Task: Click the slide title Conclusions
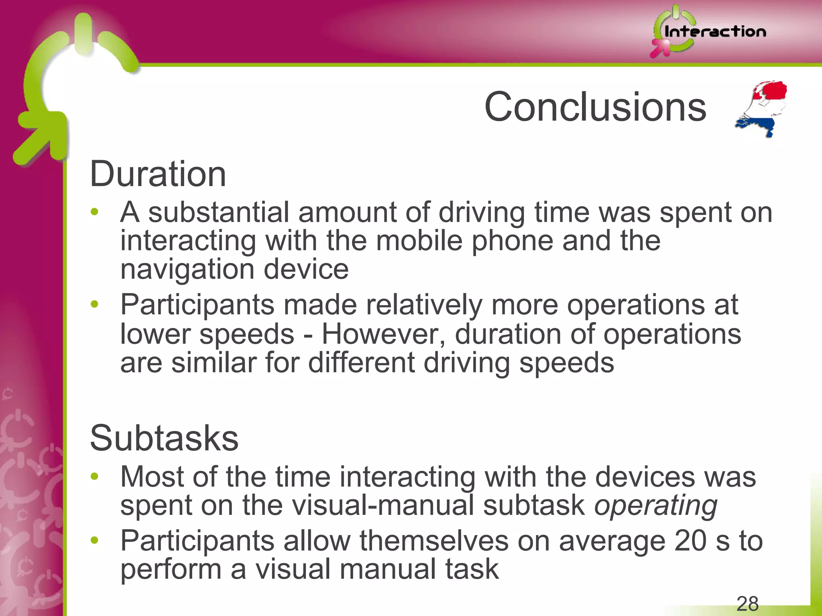pyautogui.click(x=595, y=107)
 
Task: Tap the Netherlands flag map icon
pyautogui.click(x=761, y=109)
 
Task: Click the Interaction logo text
pyautogui.click(x=715, y=32)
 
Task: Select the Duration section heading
pyautogui.click(x=158, y=174)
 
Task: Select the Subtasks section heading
pyautogui.click(x=164, y=438)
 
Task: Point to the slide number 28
pyautogui.click(x=747, y=604)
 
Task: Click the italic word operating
pyautogui.click(x=655, y=505)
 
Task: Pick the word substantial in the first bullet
pyautogui.click(x=219, y=212)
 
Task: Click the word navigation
pyautogui.click(x=187, y=269)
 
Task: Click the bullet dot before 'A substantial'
pyautogui.click(x=94, y=212)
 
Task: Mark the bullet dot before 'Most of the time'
pyautogui.click(x=94, y=476)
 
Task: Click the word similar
pyautogui.click(x=214, y=363)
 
